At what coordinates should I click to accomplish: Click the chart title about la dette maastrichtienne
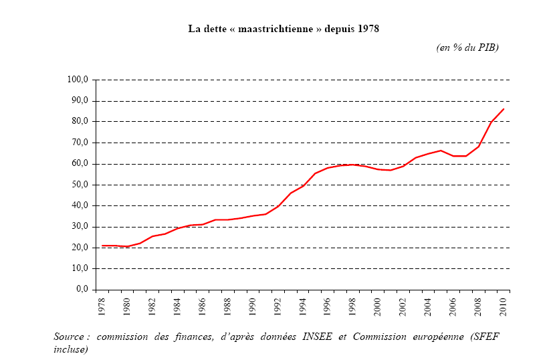(x=284, y=29)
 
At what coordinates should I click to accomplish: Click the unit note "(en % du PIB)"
(x=467, y=47)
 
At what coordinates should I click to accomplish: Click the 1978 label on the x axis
(x=101, y=305)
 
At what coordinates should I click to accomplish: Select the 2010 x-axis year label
(x=503, y=305)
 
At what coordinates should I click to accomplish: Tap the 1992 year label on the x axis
(x=277, y=305)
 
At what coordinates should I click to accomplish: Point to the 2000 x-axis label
(x=377, y=305)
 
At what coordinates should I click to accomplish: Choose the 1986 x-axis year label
(x=201, y=305)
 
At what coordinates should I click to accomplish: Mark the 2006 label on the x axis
(x=453, y=305)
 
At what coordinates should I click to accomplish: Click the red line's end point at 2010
(x=504, y=108)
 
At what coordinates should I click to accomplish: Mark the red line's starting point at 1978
(x=101, y=246)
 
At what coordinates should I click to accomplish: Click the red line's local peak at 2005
(x=440, y=151)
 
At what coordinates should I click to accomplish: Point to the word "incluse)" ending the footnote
(x=71, y=349)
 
